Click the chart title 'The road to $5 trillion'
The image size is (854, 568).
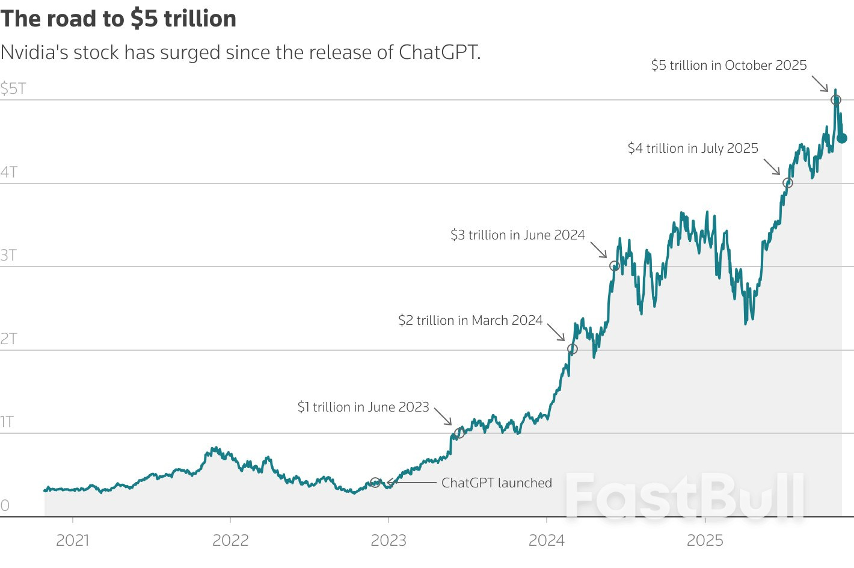(118, 19)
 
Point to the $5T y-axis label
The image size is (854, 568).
(13, 89)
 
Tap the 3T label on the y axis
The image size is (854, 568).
(8, 256)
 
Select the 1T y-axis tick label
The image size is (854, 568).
(7, 422)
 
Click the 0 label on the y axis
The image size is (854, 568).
(5, 505)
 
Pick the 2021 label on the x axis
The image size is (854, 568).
(73, 540)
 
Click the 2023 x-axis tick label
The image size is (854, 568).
(389, 540)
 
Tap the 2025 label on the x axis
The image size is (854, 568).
(705, 540)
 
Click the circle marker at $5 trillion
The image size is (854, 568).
(835, 100)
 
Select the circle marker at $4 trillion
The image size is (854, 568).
(788, 183)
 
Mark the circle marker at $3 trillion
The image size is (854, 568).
(614, 266)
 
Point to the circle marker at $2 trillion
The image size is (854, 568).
(573, 349)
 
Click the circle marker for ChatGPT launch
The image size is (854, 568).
(375, 483)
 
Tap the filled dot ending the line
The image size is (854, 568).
(842, 138)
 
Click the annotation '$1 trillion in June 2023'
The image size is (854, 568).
(363, 407)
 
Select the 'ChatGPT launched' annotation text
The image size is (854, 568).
(497, 483)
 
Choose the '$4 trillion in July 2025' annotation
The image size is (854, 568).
(693, 149)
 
